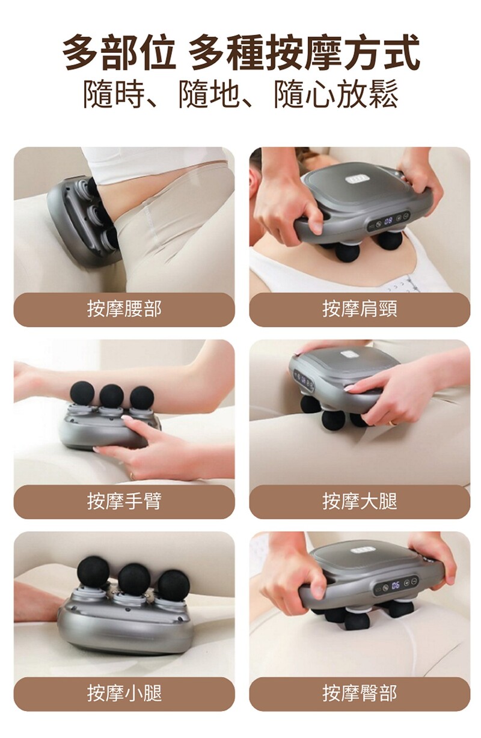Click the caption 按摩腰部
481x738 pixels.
pos(124,309)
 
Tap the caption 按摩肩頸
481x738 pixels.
pos(360,309)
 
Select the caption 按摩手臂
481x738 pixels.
pos(124,501)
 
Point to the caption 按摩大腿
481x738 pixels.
pos(360,501)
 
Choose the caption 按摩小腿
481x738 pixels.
pos(124,693)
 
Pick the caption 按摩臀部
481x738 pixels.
pos(360,693)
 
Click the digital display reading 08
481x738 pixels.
pos(388,221)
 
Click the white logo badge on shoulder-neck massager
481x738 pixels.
pos(357,180)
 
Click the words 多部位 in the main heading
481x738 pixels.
pos(118,53)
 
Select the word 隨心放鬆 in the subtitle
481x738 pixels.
pos(336,95)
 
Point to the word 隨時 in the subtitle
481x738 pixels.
pos(114,95)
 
